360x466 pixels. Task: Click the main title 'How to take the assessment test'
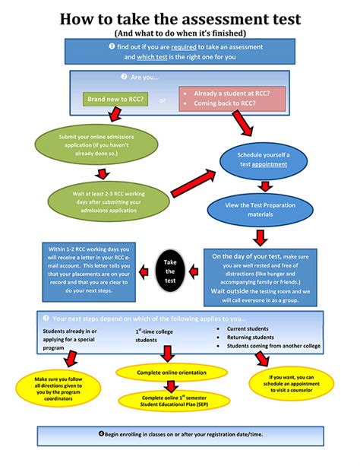coord(180,18)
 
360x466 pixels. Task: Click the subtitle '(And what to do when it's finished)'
coord(180,33)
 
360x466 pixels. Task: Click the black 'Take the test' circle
coord(170,268)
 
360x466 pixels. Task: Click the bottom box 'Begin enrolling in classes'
coord(180,435)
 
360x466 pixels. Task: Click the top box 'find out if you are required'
coord(180,52)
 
